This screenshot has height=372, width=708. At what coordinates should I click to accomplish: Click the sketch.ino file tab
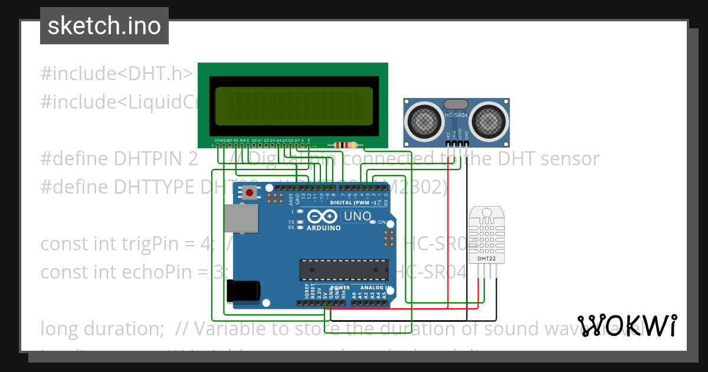point(104,26)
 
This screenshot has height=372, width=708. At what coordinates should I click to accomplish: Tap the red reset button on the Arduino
point(250,192)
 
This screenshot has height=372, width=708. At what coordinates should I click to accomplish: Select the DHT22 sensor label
point(486,259)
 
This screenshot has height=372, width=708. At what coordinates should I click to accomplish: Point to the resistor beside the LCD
point(346,145)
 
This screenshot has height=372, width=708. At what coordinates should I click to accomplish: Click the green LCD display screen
point(294,106)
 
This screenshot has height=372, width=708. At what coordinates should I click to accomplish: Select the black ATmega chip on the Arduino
point(343,269)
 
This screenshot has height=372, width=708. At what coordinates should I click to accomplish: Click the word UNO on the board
point(357,216)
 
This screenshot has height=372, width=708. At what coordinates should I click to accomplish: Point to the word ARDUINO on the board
point(324,228)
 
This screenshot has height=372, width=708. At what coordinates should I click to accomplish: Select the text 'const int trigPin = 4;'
point(132,243)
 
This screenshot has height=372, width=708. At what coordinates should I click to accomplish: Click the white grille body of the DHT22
point(486,233)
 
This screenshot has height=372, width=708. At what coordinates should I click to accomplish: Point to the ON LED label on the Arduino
point(382,222)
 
